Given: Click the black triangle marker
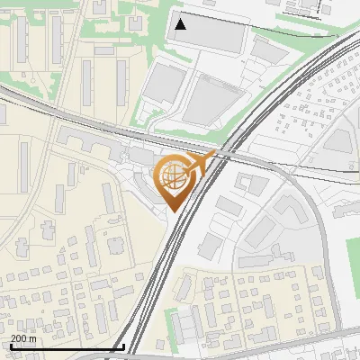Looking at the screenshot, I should point(181,24).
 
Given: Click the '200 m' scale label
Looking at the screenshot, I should point(23,337).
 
